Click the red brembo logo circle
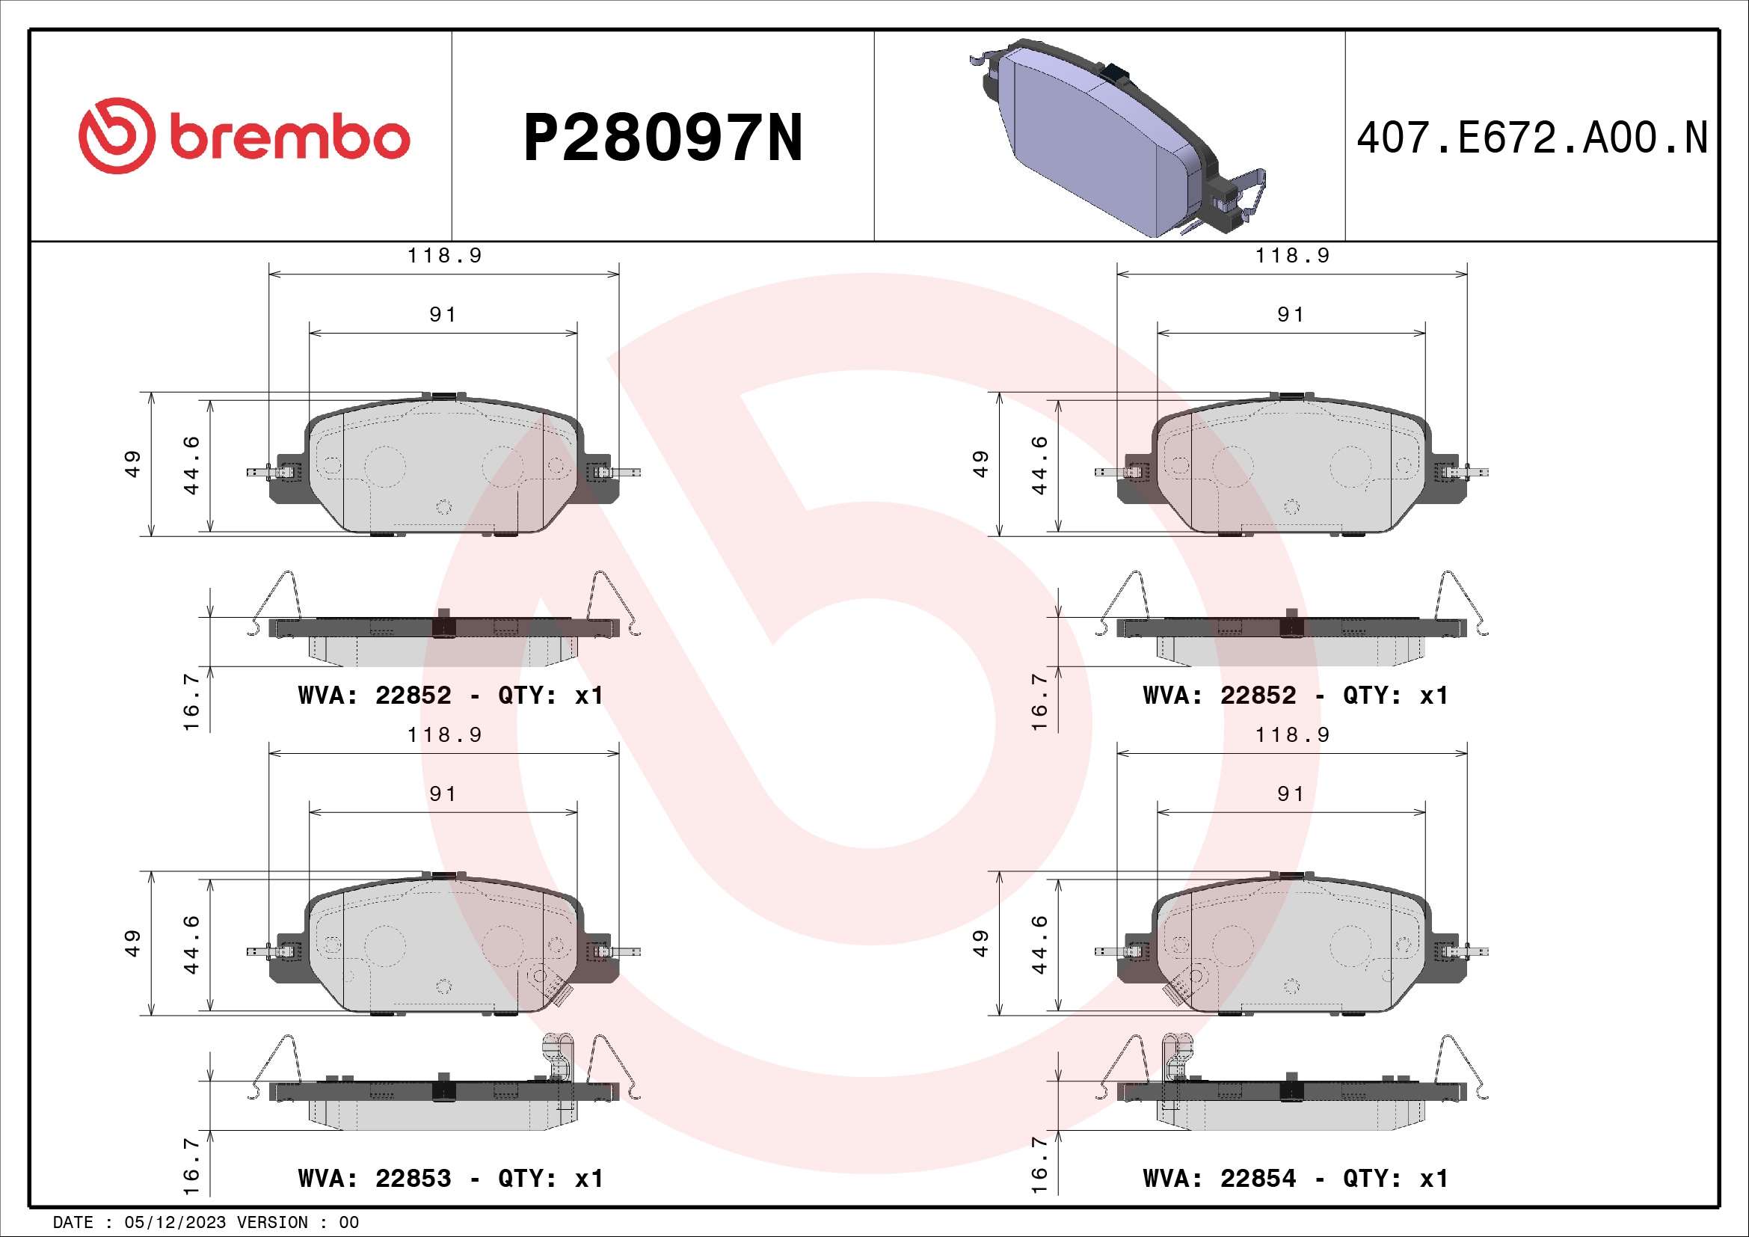[x=117, y=135]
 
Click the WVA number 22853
[x=413, y=1179]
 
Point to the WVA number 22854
[x=1258, y=1179]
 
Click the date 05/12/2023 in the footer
[x=175, y=1223]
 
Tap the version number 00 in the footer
[x=349, y=1223]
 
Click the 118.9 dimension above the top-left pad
[x=445, y=256]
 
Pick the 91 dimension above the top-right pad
[x=1291, y=315]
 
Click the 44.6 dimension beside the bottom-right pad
[x=1039, y=945]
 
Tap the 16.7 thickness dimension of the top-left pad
[x=191, y=701]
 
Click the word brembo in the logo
[x=289, y=138]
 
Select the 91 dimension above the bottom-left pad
[x=443, y=794]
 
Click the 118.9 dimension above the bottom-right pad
[x=1293, y=735]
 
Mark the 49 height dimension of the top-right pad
[x=980, y=464]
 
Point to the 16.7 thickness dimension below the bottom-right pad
[x=1039, y=1165]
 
